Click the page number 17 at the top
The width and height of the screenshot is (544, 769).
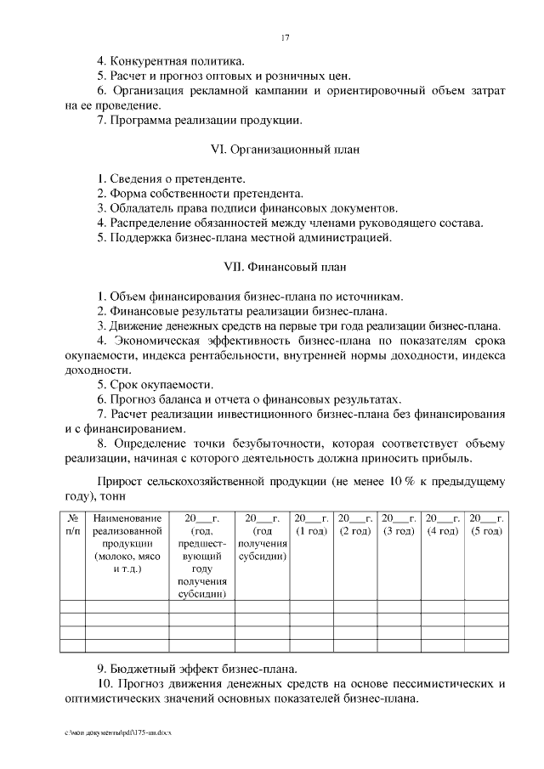pyautogui.click(x=285, y=37)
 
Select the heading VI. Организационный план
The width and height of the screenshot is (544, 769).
pyautogui.click(x=284, y=150)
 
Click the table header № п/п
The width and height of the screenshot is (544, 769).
pyautogui.click(x=72, y=524)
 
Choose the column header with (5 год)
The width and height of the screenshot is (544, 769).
pyautogui.click(x=487, y=524)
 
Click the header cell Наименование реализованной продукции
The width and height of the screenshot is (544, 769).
pyautogui.click(x=127, y=544)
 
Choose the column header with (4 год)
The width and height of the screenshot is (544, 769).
pyautogui.click(x=443, y=524)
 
